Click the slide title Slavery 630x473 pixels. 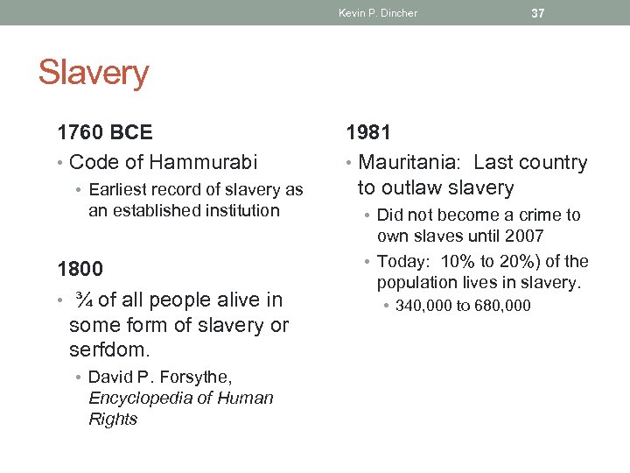click(94, 73)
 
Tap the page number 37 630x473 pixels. click(538, 12)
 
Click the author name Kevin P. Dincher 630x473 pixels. click(378, 13)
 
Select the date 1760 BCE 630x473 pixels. click(105, 132)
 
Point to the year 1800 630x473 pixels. click(80, 269)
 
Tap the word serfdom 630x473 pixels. click(108, 350)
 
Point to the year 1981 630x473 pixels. click(368, 132)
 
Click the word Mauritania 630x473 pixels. click(410, 162)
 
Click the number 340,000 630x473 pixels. click(424, 306)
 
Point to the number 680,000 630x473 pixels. click(500, 306)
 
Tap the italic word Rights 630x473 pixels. click(113, 419)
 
